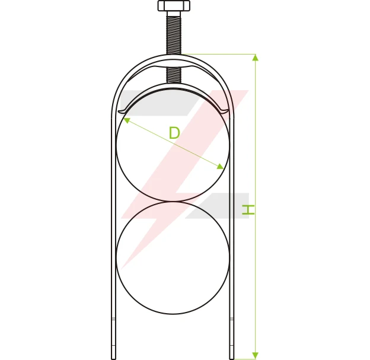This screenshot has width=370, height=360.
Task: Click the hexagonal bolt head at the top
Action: (x=174, y=6)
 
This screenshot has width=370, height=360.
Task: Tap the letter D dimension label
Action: (x=174, y=133)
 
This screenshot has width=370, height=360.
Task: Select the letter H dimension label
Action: (x=248, y=209)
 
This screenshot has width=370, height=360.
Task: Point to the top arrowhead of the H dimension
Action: (x=256, y=58)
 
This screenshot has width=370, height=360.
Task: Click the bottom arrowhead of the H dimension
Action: (x=256, y=355)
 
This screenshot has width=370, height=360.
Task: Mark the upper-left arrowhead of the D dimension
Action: (x=126, y=120)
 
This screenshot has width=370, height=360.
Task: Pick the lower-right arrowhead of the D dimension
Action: (x=221, y=166)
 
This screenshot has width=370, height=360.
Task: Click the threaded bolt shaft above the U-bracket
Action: (x=174, y=34)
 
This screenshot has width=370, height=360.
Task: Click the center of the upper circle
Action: (x=173, y=145)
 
